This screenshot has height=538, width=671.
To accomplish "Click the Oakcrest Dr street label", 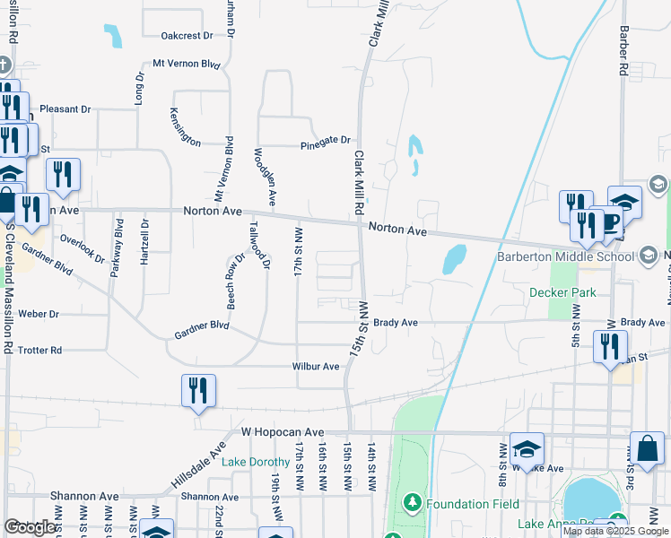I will (187, 36).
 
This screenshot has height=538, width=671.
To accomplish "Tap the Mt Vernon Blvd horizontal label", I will (187, 64).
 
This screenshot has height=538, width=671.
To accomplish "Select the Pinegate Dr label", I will (325, 140).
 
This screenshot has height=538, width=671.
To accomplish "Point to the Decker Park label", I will (562, 291).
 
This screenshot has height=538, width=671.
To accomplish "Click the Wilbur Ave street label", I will (316, 366).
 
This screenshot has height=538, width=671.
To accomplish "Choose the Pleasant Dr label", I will (65, 108).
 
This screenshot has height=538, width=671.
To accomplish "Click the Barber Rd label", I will (621, 49).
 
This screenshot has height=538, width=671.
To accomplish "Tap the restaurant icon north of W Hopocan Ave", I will (198, 391).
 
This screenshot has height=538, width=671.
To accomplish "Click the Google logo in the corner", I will (30, 527).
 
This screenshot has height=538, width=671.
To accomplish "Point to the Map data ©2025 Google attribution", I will (615, 531).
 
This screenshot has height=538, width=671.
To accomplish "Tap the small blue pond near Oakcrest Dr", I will (113, 36).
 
